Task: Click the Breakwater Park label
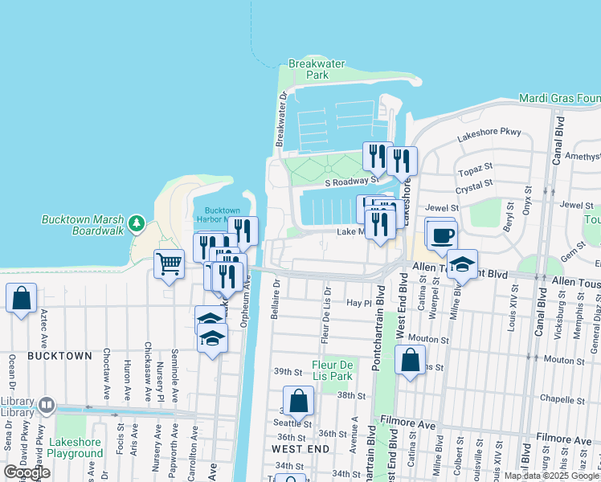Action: click(307, 69)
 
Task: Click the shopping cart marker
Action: click(169, 263)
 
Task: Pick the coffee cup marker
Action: click(441, 235)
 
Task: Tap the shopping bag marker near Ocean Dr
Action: click(21, 297)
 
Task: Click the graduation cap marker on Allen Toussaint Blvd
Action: click(462, 263)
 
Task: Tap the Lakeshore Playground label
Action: click(75, 447)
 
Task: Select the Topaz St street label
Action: click(475, 170)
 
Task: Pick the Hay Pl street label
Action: click(358, 303)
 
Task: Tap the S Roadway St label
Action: click(351, 182)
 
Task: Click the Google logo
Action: click(27, 472)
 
